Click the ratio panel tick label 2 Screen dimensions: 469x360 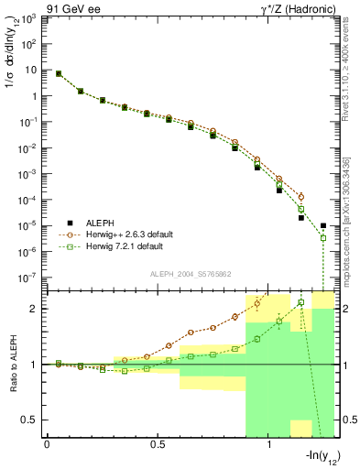click(x=37, y=309)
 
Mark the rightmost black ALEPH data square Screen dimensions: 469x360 click(x=323, y=225)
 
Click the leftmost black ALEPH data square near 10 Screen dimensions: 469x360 click(x=59, y=74)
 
